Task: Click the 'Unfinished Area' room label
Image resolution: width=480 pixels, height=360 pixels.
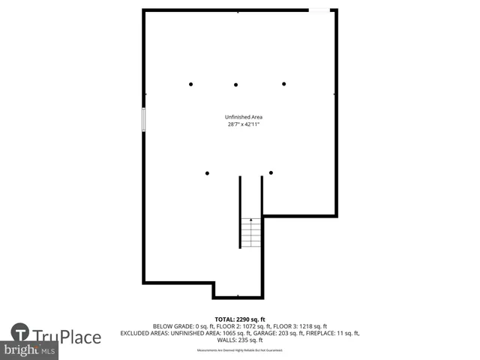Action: pos(243,117)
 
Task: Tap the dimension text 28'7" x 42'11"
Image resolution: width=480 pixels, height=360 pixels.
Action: pos(243,124)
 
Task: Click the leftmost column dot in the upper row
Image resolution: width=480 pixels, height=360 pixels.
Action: pos(191,84)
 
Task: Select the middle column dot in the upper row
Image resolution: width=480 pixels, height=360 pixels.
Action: pos(235,85)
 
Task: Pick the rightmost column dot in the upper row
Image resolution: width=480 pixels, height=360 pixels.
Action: pos(284,84)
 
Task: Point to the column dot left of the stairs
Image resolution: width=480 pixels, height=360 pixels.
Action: pos(207,172)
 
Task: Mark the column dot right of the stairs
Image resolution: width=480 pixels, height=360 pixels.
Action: pos(271,172)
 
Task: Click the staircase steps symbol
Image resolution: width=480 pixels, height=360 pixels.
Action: pos(251,232)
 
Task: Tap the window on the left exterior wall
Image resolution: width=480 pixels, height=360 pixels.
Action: pos(144,120)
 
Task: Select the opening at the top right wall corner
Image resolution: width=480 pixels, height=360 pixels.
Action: pos(320,10)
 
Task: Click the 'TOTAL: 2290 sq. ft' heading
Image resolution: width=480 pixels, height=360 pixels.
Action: pos(239,319)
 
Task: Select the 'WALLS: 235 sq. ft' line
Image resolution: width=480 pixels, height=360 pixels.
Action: pos(239,340)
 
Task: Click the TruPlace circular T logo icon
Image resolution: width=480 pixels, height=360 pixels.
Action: pos(20,333)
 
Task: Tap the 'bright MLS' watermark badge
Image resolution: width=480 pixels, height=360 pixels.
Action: pos(30,350)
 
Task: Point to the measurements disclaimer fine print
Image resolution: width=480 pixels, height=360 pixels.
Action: pos(239,350)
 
